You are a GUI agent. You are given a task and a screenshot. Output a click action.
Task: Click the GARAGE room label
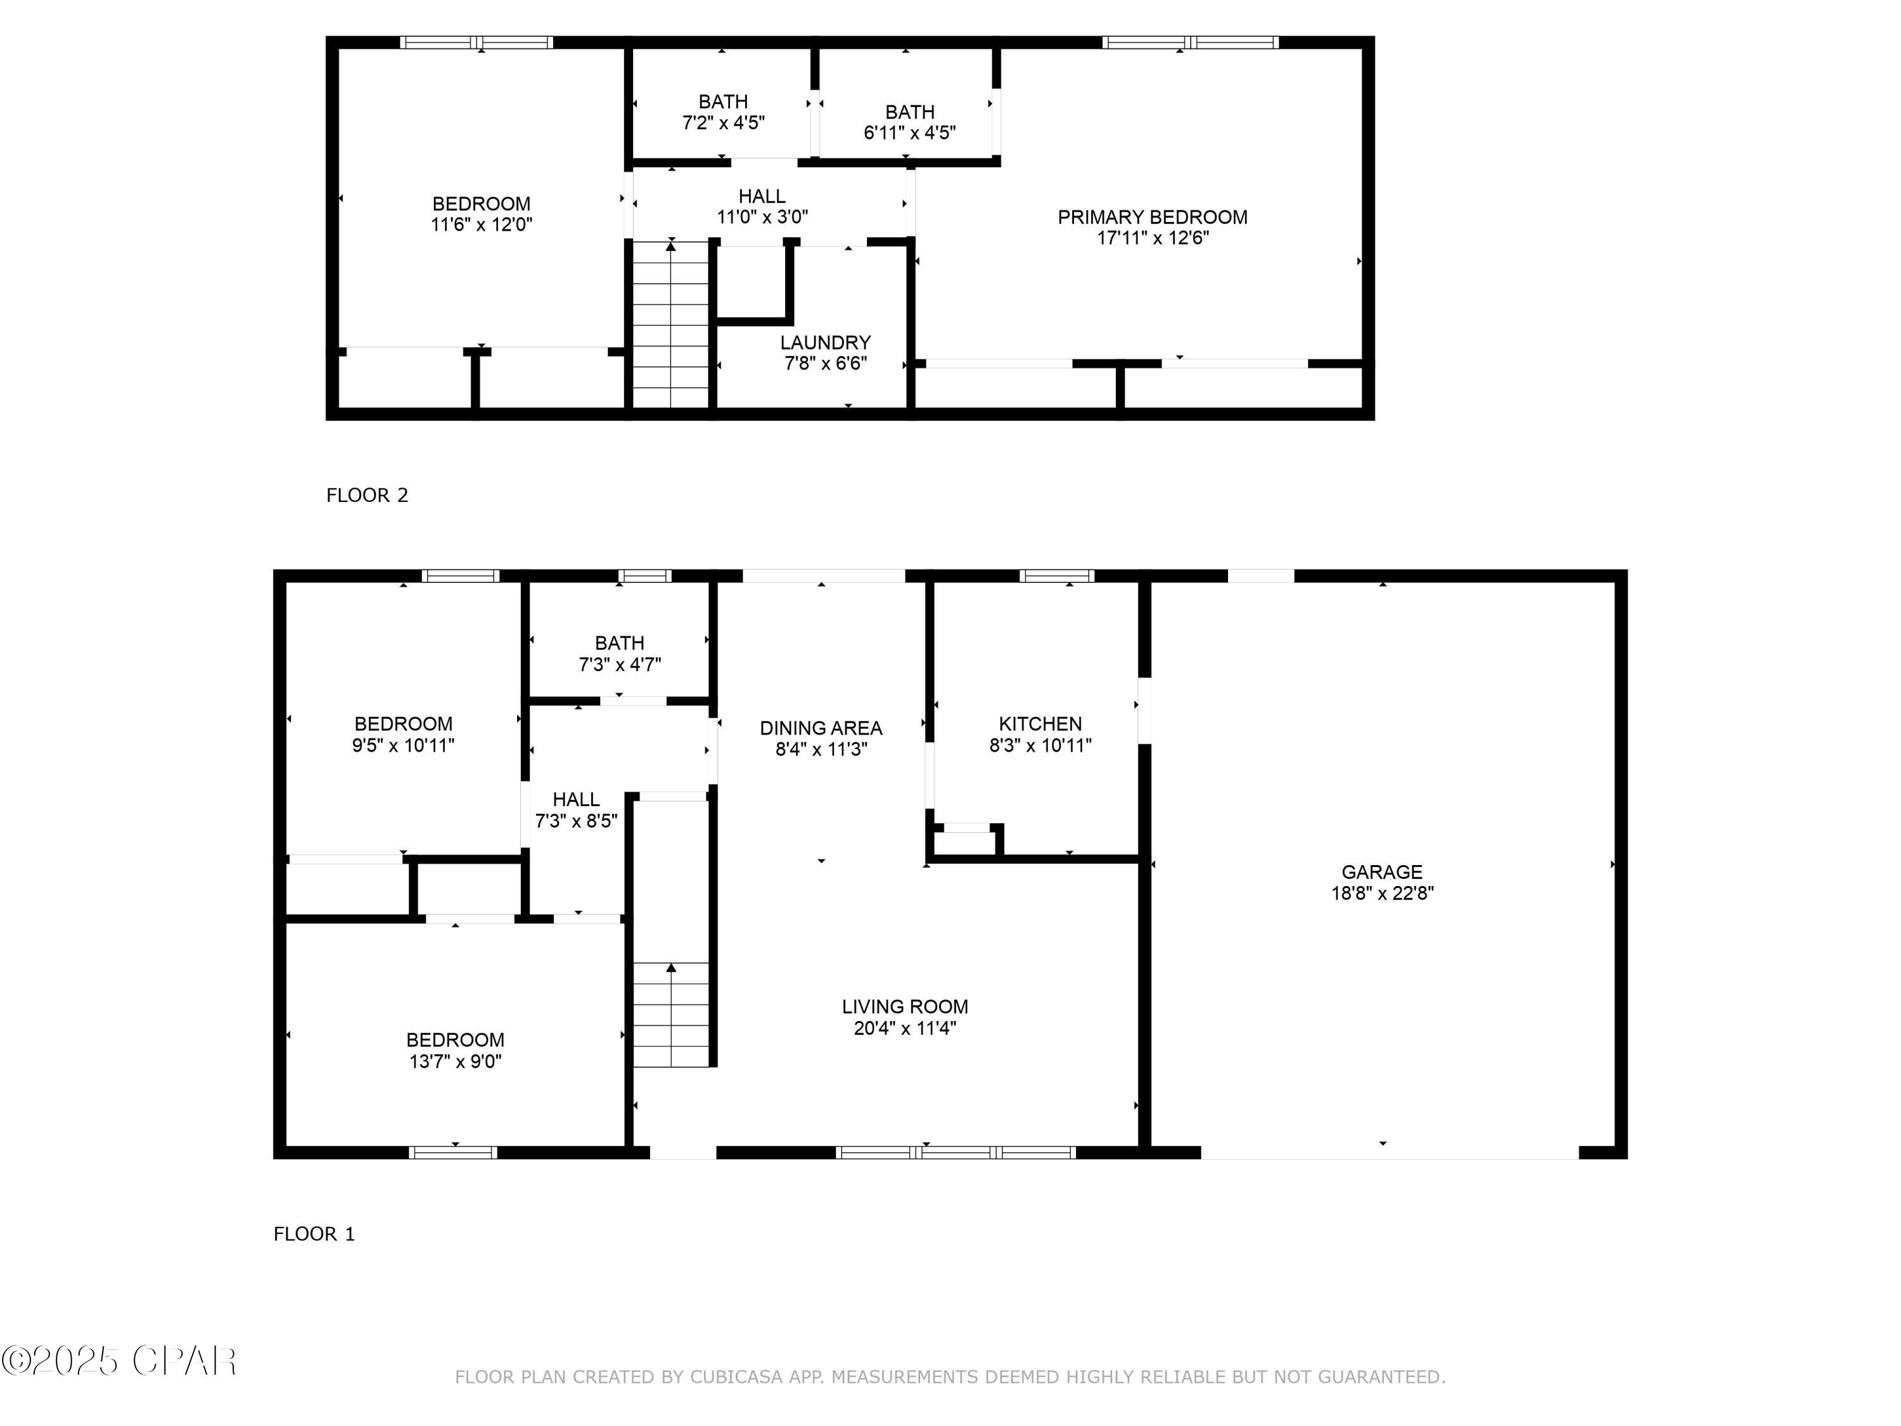pyautogui.click(x=1382, y=871)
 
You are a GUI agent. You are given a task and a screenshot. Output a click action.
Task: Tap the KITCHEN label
pyautogui.click(x=1040, y=724)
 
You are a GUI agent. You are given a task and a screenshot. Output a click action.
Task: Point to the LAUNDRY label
pyautogui.click(x=825, y=342)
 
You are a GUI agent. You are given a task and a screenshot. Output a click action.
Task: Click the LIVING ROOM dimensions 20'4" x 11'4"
pyautogui.click(x=905, y=1028)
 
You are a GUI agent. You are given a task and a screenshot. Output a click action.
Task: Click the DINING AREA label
pyautogui.click(x=821, y=728)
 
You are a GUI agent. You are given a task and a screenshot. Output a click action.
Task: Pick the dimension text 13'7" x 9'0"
pyautogui.click(x=456, y=1062)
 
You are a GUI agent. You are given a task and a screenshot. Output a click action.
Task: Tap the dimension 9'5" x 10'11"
pyautogui.click(x=403, y=745)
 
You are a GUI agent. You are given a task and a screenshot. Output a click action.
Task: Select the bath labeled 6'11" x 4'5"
pyautogui.click(x=909, y=122)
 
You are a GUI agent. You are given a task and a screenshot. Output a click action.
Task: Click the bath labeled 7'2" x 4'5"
pyautogui.click(x=723, y=112)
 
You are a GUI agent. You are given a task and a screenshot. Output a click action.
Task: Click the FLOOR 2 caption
pyautogui.click(x=367, y=495)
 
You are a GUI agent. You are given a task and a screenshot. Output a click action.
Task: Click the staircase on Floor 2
pyautogui.click(x=670, y=326)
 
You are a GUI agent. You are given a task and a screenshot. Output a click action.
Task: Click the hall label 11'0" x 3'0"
pyautogui.click(x=762, y=206)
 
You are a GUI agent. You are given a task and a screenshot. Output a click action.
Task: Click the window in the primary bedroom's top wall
pyautogui.click(x=1190, y=42)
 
